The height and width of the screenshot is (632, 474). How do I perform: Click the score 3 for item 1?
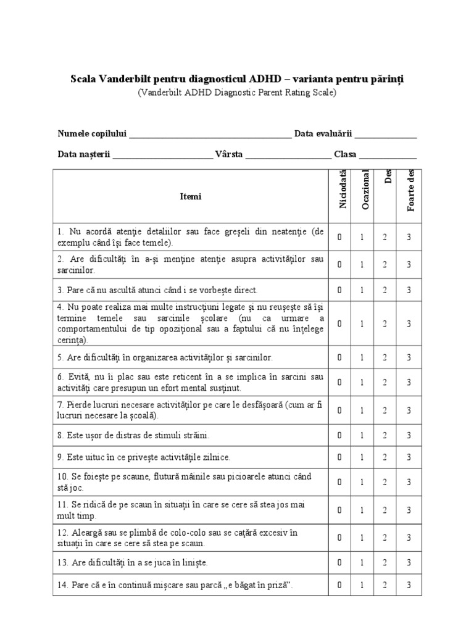click(409, 237)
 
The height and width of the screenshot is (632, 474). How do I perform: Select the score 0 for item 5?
click(339, 357)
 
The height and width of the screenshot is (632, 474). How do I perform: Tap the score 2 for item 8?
click(385, 435)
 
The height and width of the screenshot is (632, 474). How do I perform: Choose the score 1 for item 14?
click(362, 585)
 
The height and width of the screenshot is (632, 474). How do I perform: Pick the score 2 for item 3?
click(385, 289)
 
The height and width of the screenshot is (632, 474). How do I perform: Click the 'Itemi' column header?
click(191, 197)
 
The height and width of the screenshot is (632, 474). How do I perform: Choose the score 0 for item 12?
click(339, 538)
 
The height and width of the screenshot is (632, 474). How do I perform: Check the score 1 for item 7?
click(362, 410)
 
